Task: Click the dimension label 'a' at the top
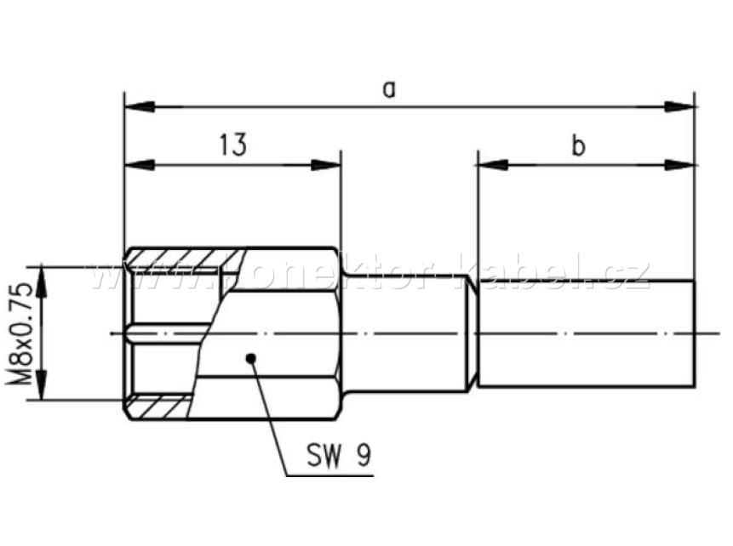tap(390, 88)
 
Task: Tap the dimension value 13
tap(232, 145)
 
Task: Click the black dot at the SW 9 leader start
tap(250, 357)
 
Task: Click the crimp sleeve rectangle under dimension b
tap(587, 333)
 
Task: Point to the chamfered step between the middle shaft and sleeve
tap(471, 333)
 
